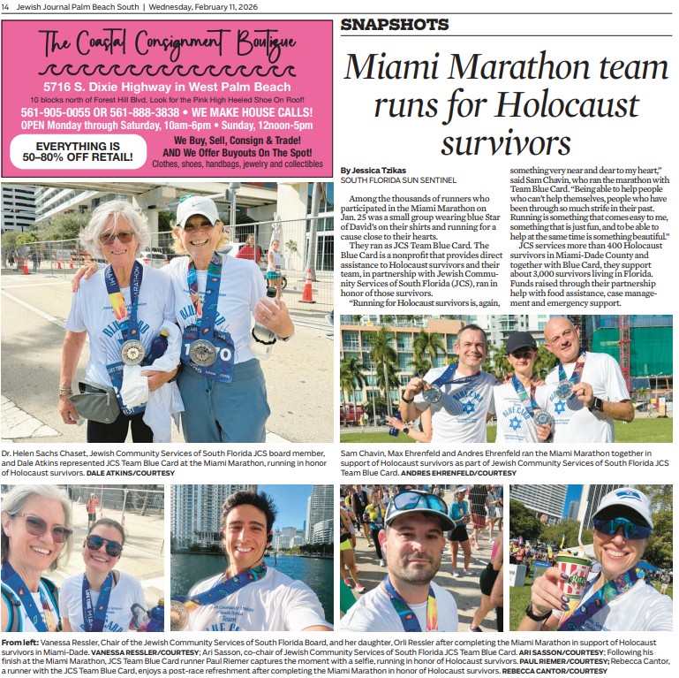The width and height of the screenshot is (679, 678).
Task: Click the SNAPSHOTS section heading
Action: pyautogui.click(x=394, y=25)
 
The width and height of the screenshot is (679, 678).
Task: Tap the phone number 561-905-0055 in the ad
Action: pyautogui.click(x=56, y=113)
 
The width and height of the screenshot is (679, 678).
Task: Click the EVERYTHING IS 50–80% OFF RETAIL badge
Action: pyautogui.click(x=78, y=151)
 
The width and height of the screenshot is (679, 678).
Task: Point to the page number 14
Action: pyautogui.click(x=6, y=7)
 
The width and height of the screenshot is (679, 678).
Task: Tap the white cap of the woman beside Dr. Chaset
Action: pyautogui.click(x=197, y=209)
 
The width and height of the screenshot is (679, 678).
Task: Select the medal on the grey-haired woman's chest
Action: pyautogui.click(x=132, y=352)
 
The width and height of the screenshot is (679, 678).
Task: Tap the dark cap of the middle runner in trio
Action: pyautogui.click(x=521, y=341)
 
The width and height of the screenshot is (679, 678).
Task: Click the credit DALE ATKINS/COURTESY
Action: pyautogui.click(x=131, y=473)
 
